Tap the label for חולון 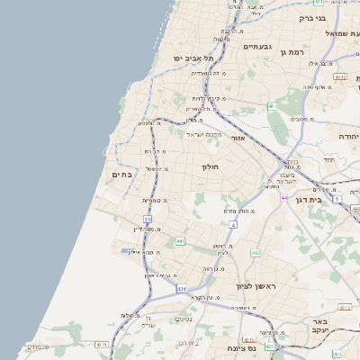pos(208,166)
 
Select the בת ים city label pos(121,174)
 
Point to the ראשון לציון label pos(254,286)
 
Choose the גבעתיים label pos(256,47)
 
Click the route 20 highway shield pos(148,219)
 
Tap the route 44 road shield pos(283,197)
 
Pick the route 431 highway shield pos(181,289)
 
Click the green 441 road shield pos(180,241)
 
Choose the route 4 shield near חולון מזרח pos(232,223)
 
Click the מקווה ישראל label pos(204,134)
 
